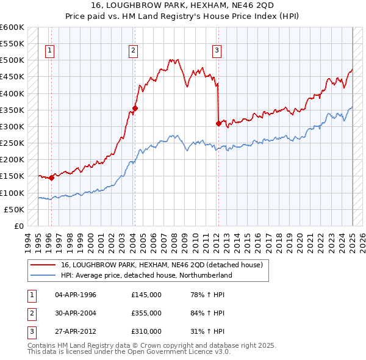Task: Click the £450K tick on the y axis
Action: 12,77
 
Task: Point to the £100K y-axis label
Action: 12,193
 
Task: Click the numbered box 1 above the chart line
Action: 49,51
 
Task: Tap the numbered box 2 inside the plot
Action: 133,51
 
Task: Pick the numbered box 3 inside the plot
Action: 217,51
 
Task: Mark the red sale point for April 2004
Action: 135,109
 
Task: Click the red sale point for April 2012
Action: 218,123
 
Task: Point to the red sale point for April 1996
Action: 51,178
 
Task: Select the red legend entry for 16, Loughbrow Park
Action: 161,265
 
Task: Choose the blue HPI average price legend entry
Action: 146,275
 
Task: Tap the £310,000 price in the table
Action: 146,331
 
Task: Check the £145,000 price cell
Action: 146,295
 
